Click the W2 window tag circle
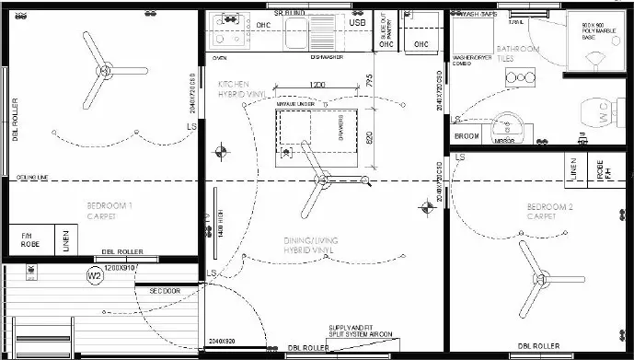94,275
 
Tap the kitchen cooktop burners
225,29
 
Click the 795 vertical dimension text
369,82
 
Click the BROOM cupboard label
467,136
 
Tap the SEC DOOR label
166,291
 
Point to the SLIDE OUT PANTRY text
384,32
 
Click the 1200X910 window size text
121,268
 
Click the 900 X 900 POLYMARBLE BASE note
598,29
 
